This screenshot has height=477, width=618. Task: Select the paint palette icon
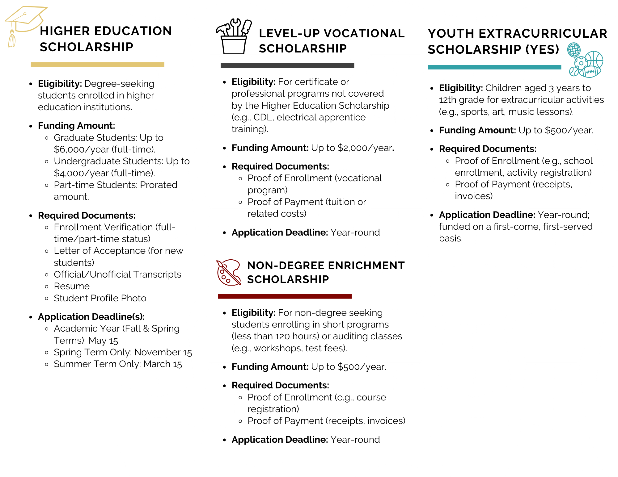coord(228,272)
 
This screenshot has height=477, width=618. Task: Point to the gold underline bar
coord(97,65)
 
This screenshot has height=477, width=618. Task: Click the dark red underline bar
coord(285,296)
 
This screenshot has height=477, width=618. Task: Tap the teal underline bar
coord(494,67)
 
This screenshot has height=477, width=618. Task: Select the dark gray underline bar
coord(287,65)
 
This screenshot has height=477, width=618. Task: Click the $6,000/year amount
coord(82,149)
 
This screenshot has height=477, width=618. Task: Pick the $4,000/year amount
coord(82,173)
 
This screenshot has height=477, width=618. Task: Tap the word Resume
coord(72,286)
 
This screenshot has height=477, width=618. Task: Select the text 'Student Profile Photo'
coord(100,298)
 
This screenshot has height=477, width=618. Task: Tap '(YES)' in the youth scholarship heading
coord(542,49)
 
